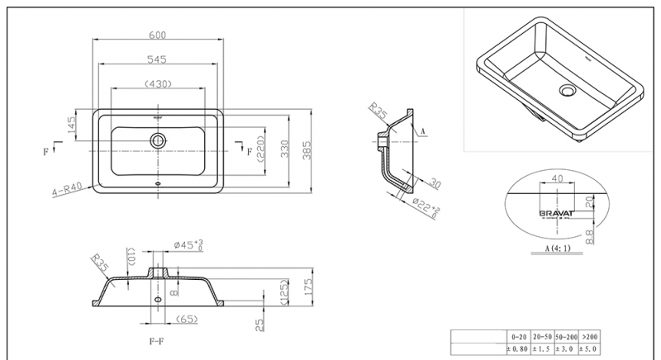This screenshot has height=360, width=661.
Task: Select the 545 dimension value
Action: click(158, 59)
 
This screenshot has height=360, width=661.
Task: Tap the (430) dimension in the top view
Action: click(158, 83)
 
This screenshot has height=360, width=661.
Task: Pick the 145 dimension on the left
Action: click(72, 125)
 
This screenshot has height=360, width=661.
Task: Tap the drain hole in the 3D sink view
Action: click(567, 90)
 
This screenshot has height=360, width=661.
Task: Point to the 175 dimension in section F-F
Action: click(306, 287)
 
